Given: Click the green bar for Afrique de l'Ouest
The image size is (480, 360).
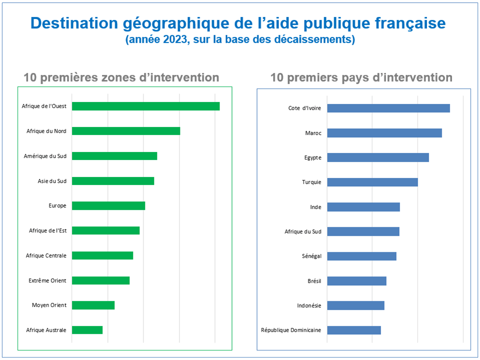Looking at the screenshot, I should point(145,106).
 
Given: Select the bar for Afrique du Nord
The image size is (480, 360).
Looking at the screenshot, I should point(126,131).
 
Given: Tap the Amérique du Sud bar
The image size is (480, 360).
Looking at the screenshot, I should point(114,156).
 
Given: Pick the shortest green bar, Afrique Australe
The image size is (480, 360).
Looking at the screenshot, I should point(87,330).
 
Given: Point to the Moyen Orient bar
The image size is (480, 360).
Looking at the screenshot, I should point(93,305).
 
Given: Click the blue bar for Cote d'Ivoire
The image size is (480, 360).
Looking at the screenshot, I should point(388,108).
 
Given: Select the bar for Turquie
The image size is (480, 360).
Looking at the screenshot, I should point(372,182).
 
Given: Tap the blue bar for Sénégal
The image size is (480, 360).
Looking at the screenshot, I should point(361,256).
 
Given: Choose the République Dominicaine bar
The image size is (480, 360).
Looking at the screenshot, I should point(354,330).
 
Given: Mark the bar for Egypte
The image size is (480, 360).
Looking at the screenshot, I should point(378,157).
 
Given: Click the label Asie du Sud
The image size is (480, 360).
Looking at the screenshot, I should point(52,181).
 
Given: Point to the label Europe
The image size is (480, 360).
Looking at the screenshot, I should point(57,205).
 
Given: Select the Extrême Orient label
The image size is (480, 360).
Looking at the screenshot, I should point(47,280).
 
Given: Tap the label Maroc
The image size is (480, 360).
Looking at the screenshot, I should point(313,133).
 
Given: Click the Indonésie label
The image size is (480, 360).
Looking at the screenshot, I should point(309,305).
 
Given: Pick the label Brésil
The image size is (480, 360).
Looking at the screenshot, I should point(314,281).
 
